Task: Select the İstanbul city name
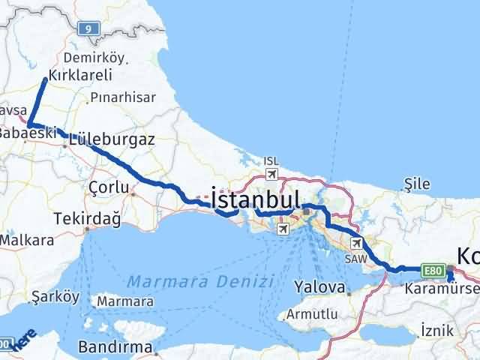(256, 199)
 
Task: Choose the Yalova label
(319, 287)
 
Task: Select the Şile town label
(416, 182)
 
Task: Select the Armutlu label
(328, 316)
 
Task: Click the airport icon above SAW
(356, 242)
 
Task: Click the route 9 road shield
(90, 28)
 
